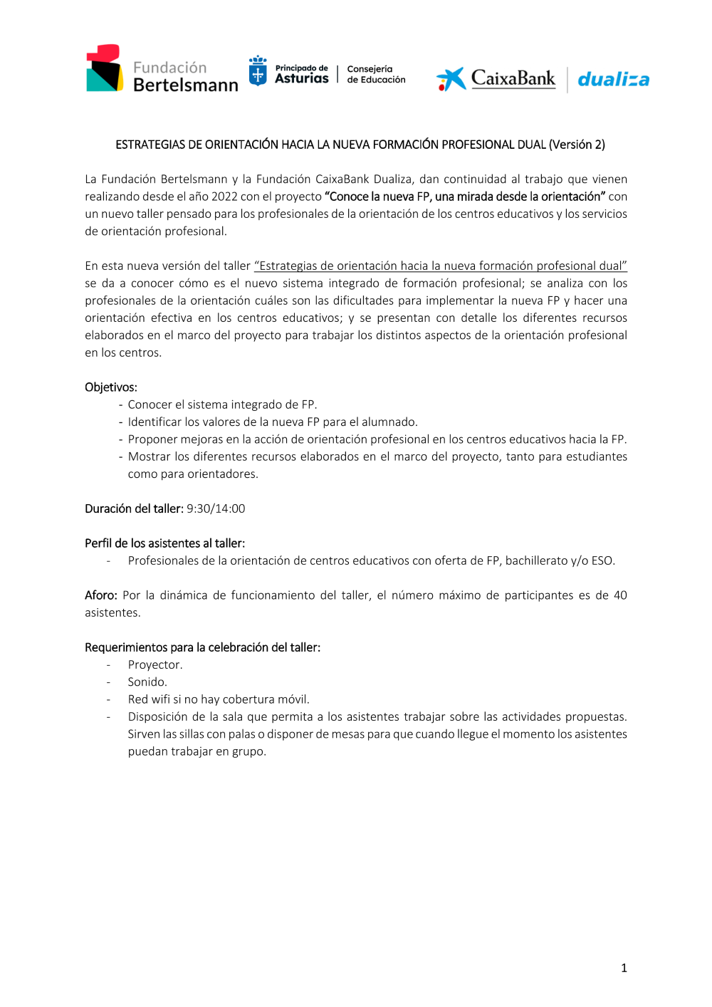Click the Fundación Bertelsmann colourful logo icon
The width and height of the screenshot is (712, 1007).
104,68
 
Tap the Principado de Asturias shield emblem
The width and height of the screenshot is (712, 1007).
258,72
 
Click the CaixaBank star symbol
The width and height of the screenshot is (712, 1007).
451,79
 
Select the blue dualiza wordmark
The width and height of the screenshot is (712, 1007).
613,79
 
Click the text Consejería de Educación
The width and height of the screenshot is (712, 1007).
376,75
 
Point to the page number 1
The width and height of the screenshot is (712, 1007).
624,968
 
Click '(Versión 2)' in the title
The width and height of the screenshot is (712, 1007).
577,145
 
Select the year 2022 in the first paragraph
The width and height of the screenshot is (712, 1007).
224,197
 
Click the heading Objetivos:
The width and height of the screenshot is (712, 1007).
111,387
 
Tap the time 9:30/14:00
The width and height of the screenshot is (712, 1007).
216,508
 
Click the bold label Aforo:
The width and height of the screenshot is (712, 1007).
100,595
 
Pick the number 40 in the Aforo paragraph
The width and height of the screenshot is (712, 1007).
620,595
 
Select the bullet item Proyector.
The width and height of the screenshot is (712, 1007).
155,664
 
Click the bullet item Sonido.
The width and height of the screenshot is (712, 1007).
147,682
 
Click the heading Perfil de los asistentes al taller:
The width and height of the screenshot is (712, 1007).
164,543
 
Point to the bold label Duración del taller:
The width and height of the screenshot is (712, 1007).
134,508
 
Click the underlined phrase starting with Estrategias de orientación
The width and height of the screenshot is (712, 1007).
440,266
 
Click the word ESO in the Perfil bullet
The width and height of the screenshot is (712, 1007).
602,560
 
